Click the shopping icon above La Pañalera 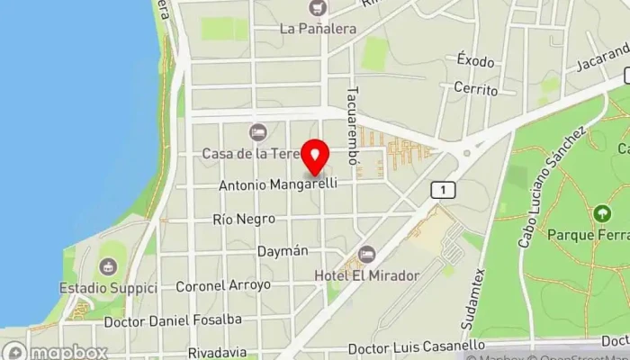pos(317,8)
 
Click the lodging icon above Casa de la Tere pos(258,132)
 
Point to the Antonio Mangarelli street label pos(278,185)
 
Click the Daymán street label pos(283,251)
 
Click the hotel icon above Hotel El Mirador pos(365,255)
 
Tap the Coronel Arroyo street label pos(223,284)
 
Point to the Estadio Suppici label pos(108,288)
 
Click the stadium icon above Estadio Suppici pos(108,267)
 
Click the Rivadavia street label pos(219,352)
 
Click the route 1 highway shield pos(443,190)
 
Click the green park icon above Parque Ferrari pos(602,214)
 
